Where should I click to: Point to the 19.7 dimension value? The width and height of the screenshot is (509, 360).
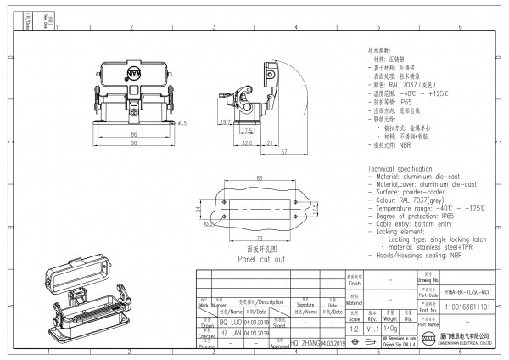coord(226,122)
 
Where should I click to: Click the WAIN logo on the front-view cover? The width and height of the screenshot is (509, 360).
coord(134,76)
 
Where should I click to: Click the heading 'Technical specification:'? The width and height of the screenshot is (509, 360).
coord(400,170)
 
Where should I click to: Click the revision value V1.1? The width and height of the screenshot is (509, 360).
coord(374,326)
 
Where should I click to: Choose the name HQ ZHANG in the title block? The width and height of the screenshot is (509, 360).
coord(305,342)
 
